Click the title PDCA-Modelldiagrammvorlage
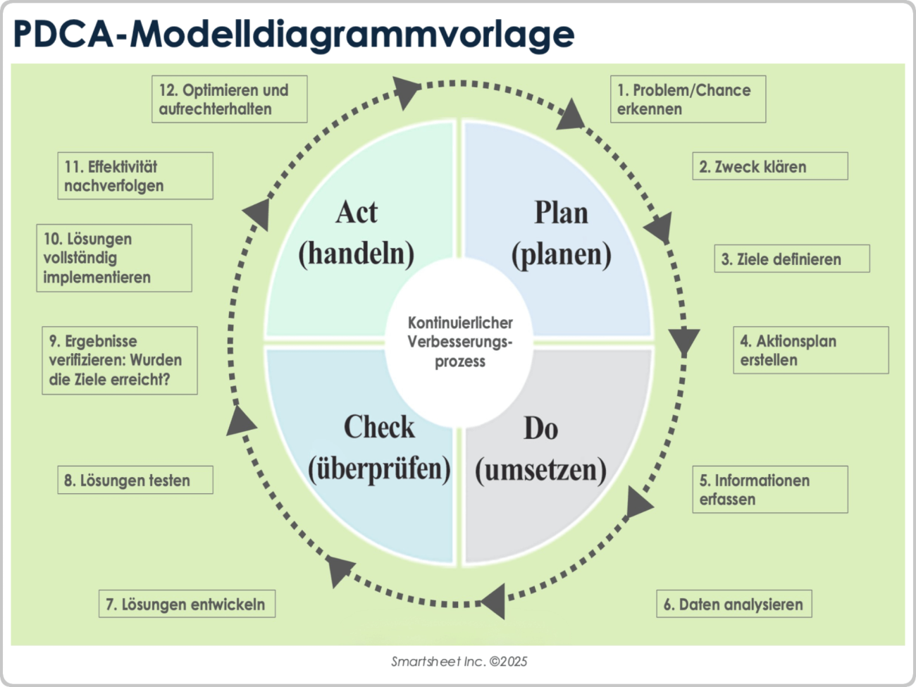tap(293, 34)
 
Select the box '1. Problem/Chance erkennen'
tap(687, 99)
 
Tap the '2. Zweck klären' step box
tap(769, 166)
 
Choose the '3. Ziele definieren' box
tap(791, 259)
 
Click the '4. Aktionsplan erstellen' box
tap(810, 350)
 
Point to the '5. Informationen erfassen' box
tap(769, 489)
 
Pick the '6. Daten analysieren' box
tap(734, 604)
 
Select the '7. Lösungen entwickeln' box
tap(186, 604)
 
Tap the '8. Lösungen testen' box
tap(135, 480)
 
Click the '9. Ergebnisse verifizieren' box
tap(119, 360)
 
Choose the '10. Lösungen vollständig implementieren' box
tap(113, 258)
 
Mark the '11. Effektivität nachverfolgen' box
tap(135, 175)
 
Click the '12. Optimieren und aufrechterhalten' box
tap(229, 99)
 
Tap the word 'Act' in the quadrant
tap(357, 212)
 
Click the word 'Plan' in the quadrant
tap(561, 212)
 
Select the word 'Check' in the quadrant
tap(379, 427)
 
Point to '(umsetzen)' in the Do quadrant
tap(540, 469)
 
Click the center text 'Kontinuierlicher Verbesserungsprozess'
tap(460, 342)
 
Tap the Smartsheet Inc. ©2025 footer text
tap(459, 661)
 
